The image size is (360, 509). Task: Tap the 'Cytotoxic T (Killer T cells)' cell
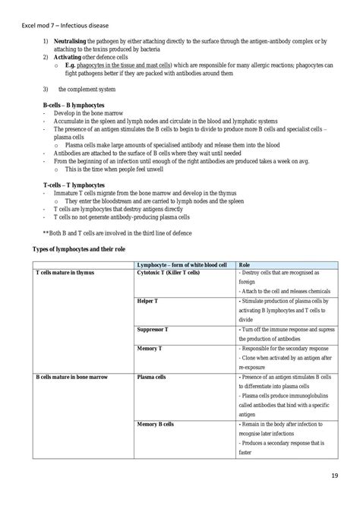(169, 272)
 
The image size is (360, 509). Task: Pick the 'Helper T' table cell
(147, 302)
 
